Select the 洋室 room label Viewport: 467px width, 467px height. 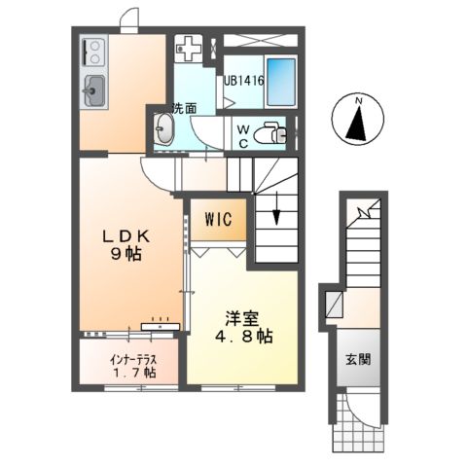(240, 317)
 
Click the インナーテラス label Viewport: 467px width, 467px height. (131, 356)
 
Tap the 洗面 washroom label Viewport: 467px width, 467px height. (185, 107)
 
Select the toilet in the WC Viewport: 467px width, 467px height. (277, 134)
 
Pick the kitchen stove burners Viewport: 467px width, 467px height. (94, 51)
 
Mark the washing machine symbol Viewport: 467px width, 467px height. (189, 48)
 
